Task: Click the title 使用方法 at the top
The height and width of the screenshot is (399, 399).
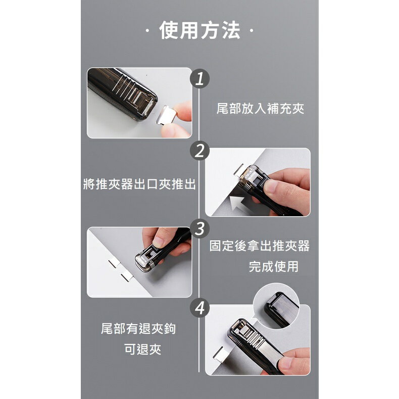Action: click(199, 31)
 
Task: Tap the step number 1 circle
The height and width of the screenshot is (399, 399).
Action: click(200, 79)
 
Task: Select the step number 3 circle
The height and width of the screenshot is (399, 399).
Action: click(200, 229)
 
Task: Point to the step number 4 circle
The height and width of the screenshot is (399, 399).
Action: click(200, 308)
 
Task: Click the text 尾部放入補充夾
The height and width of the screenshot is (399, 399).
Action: click(260, 109)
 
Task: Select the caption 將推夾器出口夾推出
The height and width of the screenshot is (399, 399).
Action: click(139, 184)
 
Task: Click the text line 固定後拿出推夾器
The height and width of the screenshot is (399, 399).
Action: click(260, 246)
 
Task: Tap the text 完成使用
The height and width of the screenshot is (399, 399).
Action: click(274, 267)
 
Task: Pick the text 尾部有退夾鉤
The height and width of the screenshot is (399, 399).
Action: click(139, 329)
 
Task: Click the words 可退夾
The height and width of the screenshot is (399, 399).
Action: click(143, 350)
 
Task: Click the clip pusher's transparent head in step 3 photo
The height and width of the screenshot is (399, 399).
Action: click(147, 261)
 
